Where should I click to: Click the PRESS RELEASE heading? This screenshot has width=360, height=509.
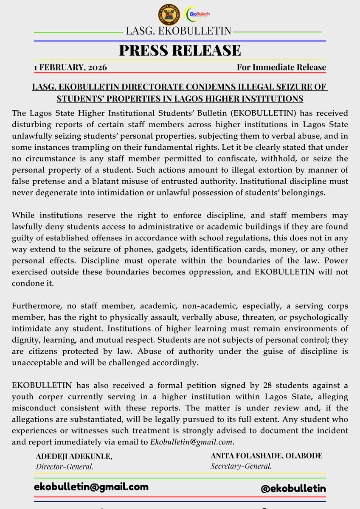click(x=180, y=50)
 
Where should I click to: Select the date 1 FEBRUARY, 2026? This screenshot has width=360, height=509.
click(x=70, y=67)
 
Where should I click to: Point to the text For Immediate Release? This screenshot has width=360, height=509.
click(x=281, y=67)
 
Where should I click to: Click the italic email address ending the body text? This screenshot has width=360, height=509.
click(x=192, y=441)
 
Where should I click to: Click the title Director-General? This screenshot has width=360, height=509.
click(x=65, y=467)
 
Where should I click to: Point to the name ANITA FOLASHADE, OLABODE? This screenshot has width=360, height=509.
click(x=266, y=456)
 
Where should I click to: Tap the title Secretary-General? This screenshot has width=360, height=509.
click(x=241, y=466)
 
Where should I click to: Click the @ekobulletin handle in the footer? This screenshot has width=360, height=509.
click(x=293, y=488)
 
